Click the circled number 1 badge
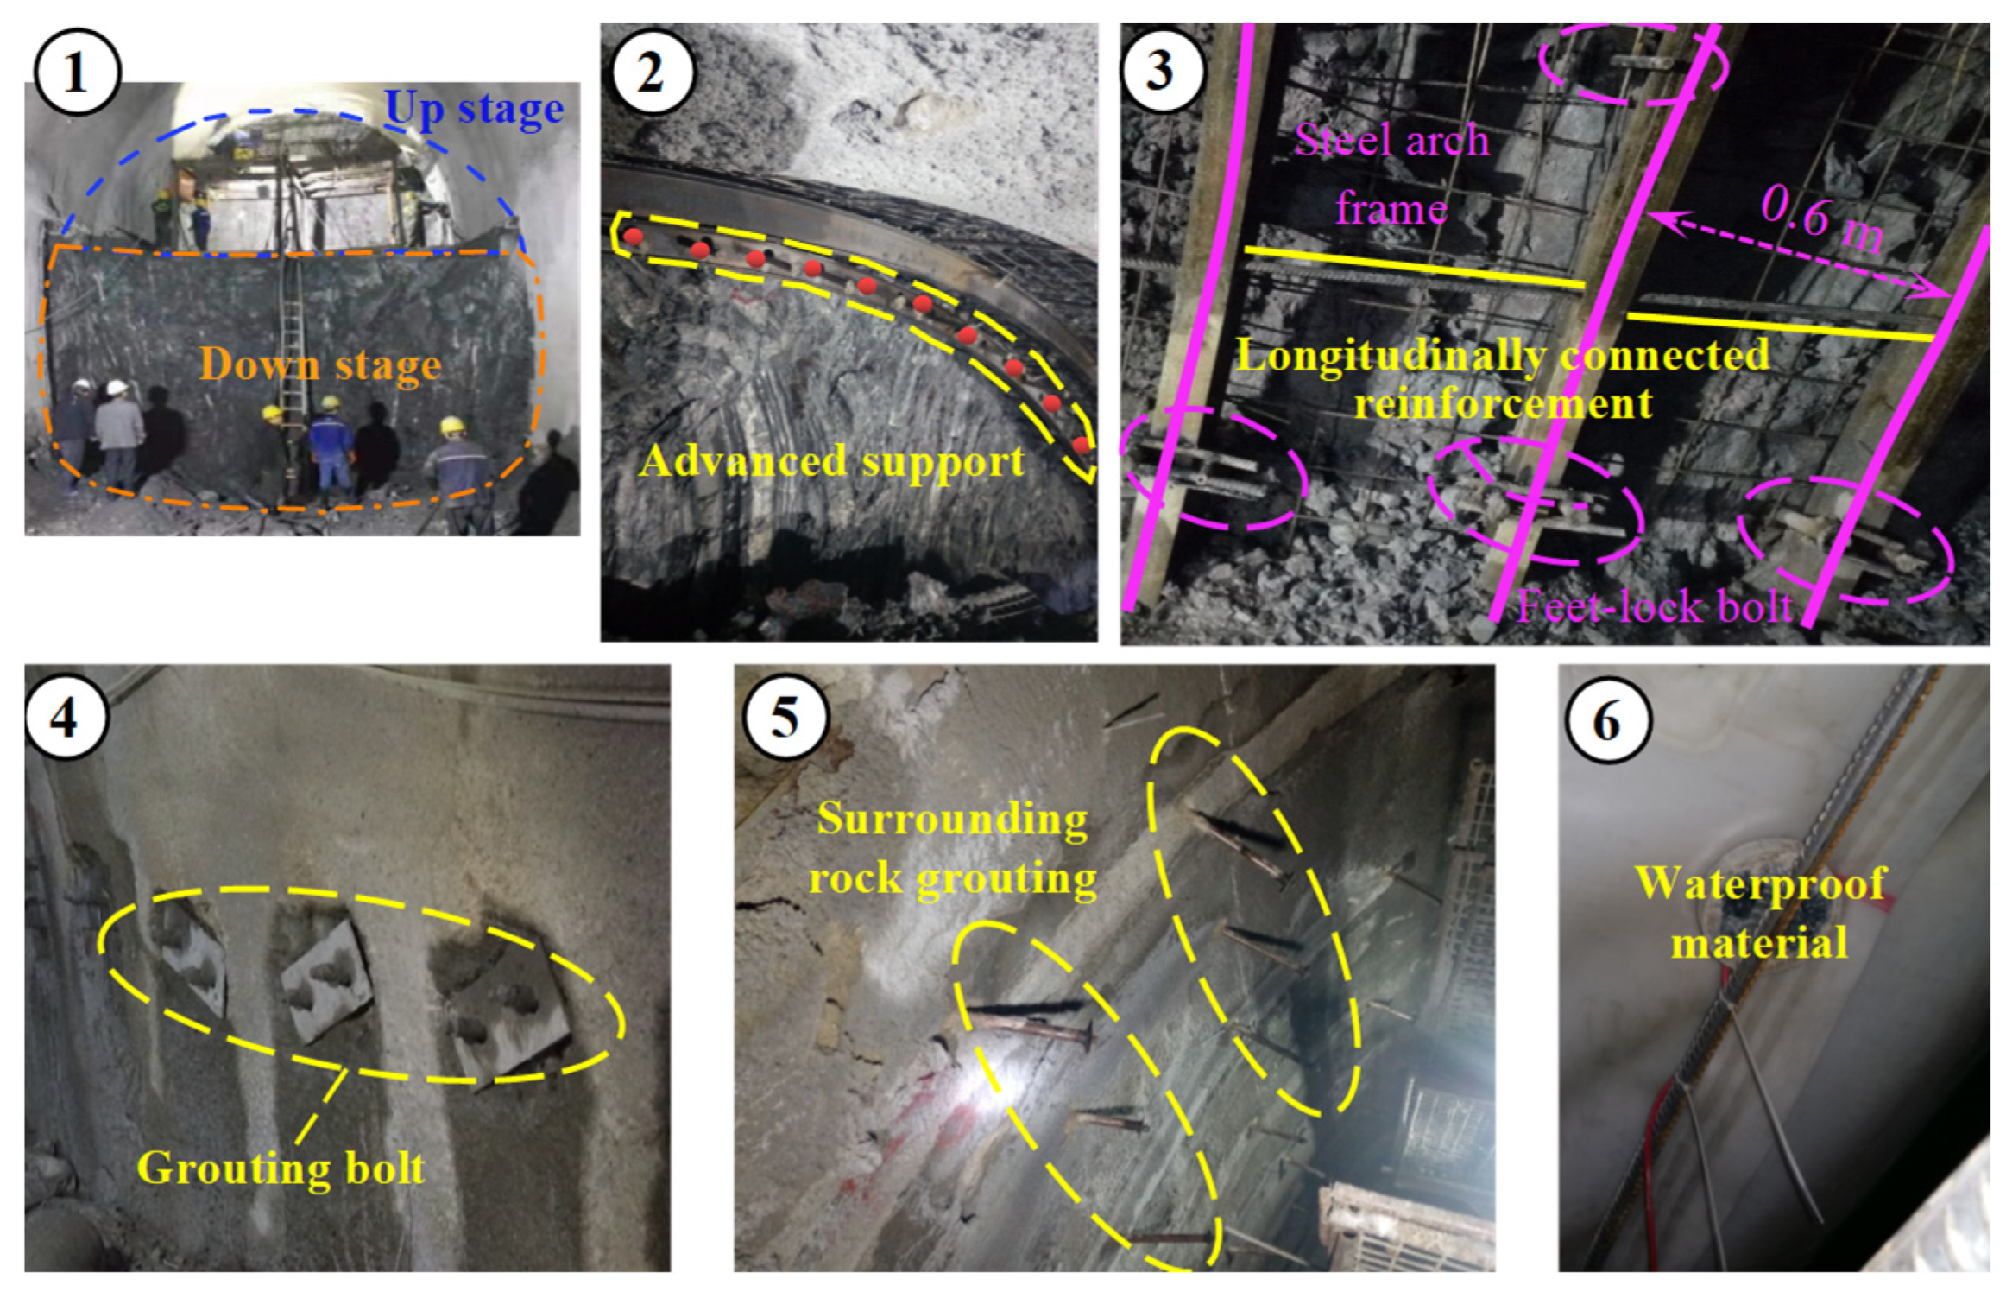coord(77,72)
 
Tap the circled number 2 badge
coord(652,72)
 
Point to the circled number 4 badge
coord(66,717)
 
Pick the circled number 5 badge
coord(785,717)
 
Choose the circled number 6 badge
coord(1607,719)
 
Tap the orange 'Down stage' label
coord(320,364)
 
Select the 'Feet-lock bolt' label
coord(1655,606)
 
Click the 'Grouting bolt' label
coord(281,1169)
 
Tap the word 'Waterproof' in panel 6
coord(1761,884)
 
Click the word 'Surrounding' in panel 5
coord(953,819)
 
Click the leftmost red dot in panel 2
coord(634,237)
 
